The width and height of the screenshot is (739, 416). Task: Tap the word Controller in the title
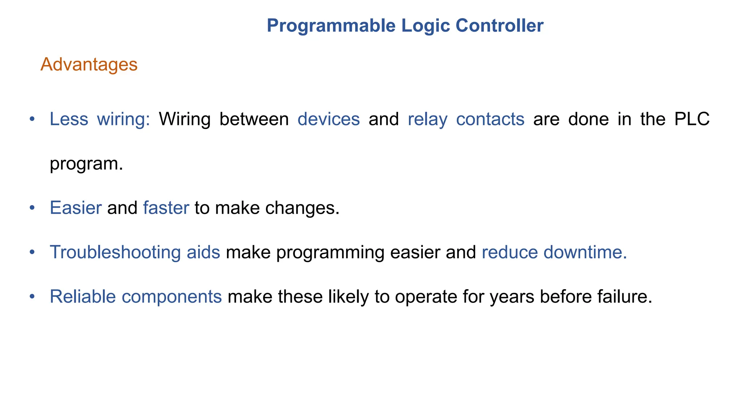point(499,26)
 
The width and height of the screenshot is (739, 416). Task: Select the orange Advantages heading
point(89,65)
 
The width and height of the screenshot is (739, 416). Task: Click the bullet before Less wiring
point(32,119)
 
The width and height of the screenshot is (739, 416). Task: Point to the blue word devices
point(329,119)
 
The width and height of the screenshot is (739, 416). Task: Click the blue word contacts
point(490,119)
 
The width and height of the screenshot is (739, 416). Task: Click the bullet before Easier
point(32,208)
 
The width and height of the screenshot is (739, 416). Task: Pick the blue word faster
point(166,208)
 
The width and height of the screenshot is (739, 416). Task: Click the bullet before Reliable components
point(32,296)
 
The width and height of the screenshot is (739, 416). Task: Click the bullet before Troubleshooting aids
point(32,252)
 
